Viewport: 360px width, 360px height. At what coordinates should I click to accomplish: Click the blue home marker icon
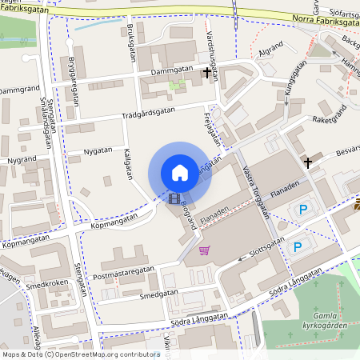pos(179,172)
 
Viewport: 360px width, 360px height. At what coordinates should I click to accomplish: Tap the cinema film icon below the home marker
pos(174,197)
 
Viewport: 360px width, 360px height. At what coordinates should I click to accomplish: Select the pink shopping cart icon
pos(205,250)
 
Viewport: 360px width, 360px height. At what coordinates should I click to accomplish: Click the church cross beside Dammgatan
pos(207,73)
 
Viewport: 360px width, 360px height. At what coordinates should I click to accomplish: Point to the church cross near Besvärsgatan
pos(307,162)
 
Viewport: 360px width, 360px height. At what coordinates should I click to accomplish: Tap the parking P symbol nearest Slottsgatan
pos(297,247)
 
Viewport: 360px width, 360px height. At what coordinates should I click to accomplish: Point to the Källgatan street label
pos(128,164)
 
